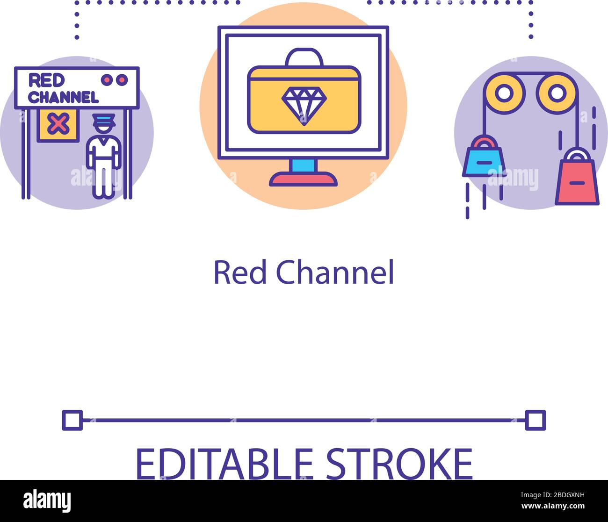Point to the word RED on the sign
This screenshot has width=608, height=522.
[x=46, y=80]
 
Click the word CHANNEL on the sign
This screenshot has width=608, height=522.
[x=64, y=97]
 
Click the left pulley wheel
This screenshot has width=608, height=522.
[x=504, y=92]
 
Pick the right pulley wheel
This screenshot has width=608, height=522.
[x=556, y=92]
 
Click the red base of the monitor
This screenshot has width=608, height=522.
[x=304, y=179]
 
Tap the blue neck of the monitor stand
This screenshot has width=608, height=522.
[x=304, y=165]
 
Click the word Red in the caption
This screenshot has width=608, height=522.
[x=240, y=272]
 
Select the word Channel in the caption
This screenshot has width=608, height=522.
[x=335, y=272]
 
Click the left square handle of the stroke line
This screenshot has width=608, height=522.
[x=72, y=420]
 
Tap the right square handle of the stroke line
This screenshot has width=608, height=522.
[x=535, y=420]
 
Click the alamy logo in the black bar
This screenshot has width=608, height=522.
[x=47, y=501]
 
